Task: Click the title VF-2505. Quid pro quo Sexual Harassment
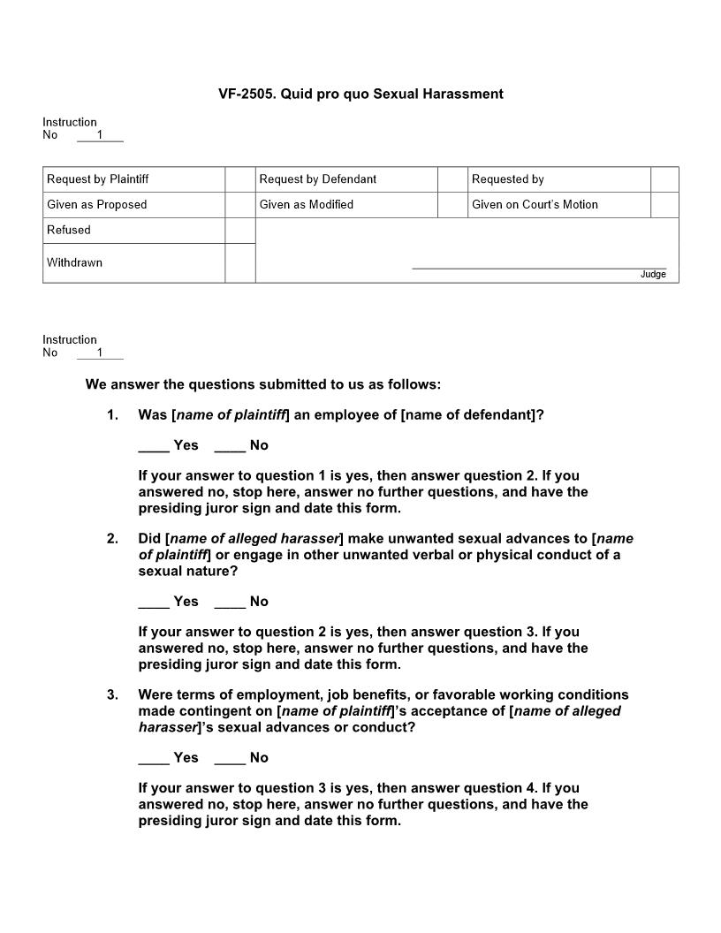point(360,94)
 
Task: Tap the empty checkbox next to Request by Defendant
point(452,179)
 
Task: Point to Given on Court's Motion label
point(535,205)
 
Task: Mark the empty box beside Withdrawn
point(239,263)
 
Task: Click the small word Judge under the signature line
point(653,275)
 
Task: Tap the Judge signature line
point(539,267)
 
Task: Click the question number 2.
point(112,539)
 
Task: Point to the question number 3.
point(112,695)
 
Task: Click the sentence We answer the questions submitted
point(262,385)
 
